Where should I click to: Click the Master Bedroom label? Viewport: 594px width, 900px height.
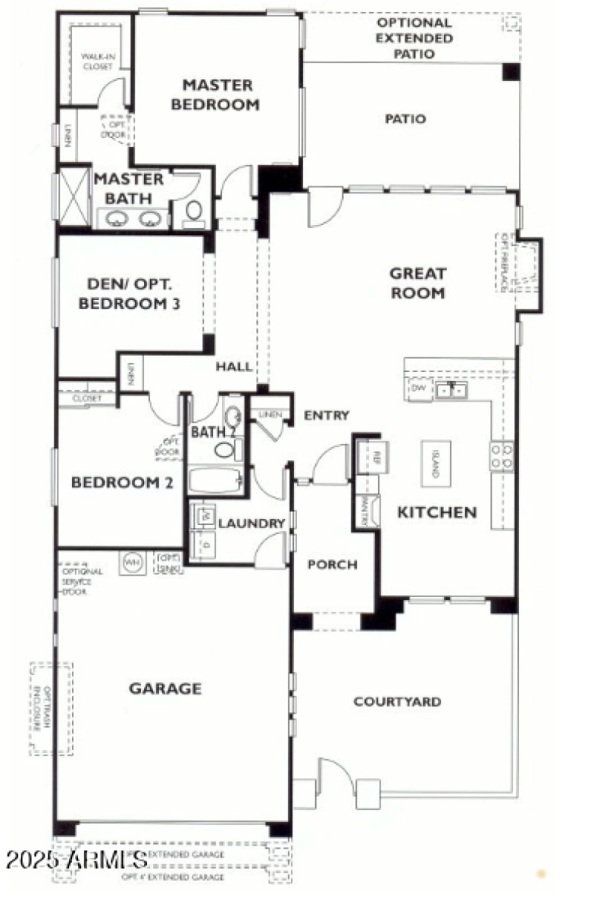point(215,95)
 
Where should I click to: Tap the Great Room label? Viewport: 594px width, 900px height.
point(417,283)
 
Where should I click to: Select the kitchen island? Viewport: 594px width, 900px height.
point(436,464)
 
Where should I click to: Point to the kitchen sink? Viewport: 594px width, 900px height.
point(451,389)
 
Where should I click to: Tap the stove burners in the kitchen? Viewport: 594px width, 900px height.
point(502,455)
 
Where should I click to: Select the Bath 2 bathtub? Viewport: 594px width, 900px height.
point(216,480)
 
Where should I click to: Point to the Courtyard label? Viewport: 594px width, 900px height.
point(397,702)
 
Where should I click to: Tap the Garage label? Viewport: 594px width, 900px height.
point(165,688)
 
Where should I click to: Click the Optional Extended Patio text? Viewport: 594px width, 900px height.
point(414,38)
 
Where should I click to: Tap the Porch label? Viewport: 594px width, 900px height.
point(333,564)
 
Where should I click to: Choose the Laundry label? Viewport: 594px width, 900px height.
point(251,524)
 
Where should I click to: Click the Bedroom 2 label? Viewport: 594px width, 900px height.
point(122,483)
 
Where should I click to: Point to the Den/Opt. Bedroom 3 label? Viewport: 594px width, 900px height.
point(130,293)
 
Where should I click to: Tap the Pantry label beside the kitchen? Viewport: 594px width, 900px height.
point(365,512)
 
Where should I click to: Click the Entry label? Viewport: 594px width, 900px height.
point(326,416)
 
